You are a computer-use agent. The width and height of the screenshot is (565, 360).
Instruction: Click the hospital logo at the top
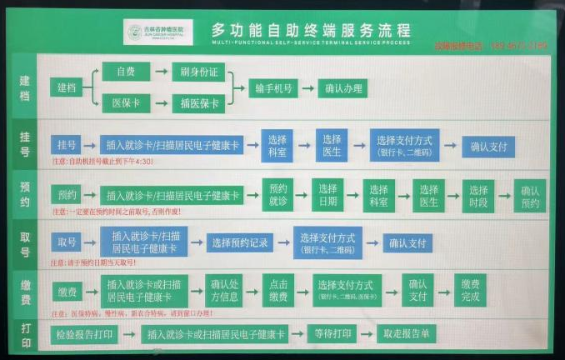[x=158, y=32]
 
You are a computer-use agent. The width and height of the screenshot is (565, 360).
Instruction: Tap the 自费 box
[x=126, y=72]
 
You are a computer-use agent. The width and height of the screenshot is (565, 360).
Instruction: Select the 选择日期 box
[x=328, y=194]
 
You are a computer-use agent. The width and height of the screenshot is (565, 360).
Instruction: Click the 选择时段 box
[x=480, y=194]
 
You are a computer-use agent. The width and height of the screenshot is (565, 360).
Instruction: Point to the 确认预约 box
[x=530, y=194]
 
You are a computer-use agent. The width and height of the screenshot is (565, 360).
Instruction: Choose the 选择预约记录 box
[x=240, y=243]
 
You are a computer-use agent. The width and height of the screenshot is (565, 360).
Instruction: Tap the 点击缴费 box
[x=278, y=289]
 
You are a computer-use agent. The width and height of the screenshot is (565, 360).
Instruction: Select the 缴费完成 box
[x=469, y=289]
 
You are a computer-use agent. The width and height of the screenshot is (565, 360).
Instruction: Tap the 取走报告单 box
[x=406, y=334]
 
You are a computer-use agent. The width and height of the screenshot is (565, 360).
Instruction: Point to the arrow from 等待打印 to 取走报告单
[x=365, y=334]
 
